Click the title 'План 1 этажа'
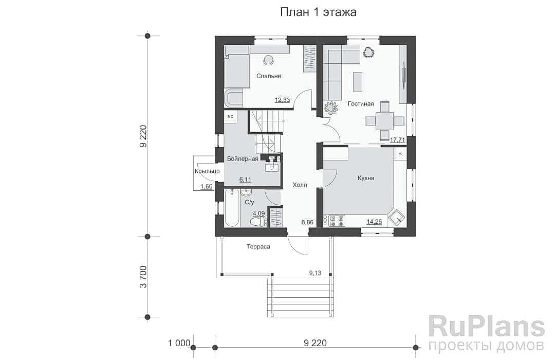click(318, 12)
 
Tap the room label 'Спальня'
click(269, 76)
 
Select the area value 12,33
click(283, 100)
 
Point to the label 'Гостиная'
click(361, 104)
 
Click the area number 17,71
click(398, 140)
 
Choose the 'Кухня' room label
click(366, 178)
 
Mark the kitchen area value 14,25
click(375, 222)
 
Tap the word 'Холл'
click(300, 185)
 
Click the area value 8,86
click(307, 223)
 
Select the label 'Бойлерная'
click(243, 159)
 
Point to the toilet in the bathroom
click(258, 222)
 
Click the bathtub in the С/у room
click(232, 208)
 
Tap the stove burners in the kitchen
click(337, 221)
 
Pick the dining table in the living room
click(385, 121)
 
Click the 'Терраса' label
click(258, 247)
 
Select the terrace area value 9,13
click(315, 273)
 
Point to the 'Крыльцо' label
click(207, 171)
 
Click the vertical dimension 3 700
click(143, 277)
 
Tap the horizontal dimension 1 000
click(179, 343)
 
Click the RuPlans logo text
click(486, 327)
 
